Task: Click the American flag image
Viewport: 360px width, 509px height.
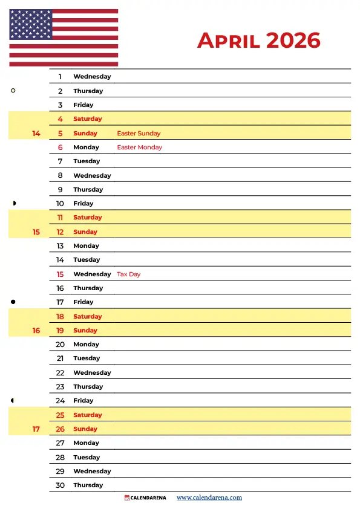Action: click(x=64, y=37)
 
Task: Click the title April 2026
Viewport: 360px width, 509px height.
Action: click(x=258, y=41)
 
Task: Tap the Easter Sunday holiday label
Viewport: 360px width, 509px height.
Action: click(x=139, y=133)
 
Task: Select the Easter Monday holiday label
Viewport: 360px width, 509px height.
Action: click(x=139, y=147)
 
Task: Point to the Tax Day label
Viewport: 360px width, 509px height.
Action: click(x=128, y=274)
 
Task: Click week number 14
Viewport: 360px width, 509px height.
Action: click(x=36, y=133)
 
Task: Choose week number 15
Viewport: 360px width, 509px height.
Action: click(x=36, y=232)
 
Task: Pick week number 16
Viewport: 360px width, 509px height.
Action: click(x=36, y=331)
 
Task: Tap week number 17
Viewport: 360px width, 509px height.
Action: click(x=36, y=429)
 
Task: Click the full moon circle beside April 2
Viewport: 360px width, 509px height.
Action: click(x=13, y=91)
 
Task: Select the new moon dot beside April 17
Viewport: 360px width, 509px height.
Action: click(x=13, y=302)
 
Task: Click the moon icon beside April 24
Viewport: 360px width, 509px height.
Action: click(x=13, y=400)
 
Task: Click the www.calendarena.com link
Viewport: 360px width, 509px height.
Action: click(x=209, y=498)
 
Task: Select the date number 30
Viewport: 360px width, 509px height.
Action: click(x=60, y=485)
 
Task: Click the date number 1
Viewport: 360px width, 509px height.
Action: click(x=61, y=77)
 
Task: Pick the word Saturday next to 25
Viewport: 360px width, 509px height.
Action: click(x=87, y=415)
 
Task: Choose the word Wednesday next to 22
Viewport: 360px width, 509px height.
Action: click(x=92, y=372)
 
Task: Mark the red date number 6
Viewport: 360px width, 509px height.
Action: click(x=61, y=147)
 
